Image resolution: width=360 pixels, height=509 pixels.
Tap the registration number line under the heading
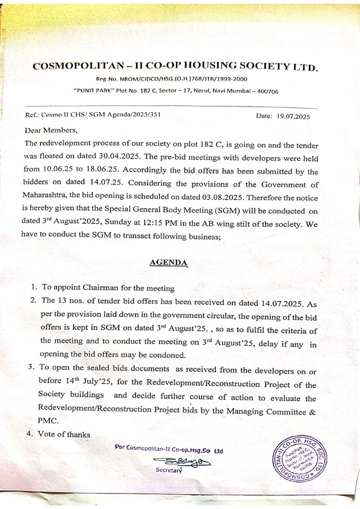coord(172,79)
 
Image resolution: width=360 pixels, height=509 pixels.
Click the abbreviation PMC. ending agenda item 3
coord(49,420)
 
